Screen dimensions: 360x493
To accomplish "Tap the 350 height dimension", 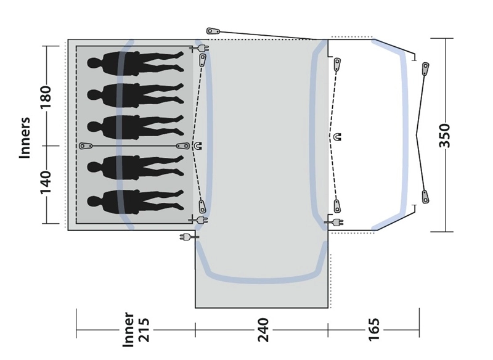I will point(445,136).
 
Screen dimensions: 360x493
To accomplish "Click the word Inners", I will point(25,138).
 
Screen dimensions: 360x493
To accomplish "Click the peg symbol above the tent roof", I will point(213,30).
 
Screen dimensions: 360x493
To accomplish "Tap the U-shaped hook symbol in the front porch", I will point(336,136).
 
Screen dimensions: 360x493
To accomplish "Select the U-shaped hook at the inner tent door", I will point(197,146).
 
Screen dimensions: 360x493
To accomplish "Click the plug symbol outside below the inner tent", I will point(186,237).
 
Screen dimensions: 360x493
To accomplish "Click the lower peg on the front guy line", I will point(425,196).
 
